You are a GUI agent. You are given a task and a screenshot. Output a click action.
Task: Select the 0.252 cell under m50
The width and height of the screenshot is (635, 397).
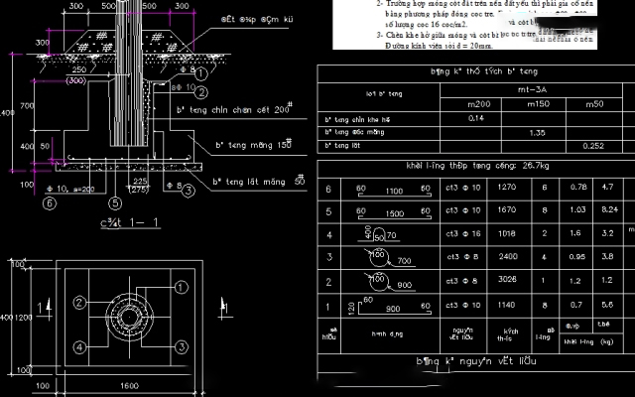tap(592, 146)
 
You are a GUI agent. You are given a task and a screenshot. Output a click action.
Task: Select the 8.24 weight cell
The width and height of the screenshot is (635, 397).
tap(610, 210)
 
